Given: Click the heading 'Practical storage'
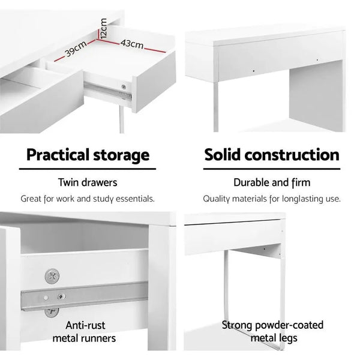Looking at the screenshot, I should [88, 155].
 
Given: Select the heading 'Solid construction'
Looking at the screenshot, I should [272, 155].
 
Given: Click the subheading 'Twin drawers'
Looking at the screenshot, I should [88, 182].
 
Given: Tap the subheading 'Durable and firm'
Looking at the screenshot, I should [272, 182].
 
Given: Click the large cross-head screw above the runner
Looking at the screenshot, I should [52, 277].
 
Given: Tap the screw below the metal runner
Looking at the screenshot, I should [51, 311].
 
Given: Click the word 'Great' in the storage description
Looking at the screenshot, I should [33, 199].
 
